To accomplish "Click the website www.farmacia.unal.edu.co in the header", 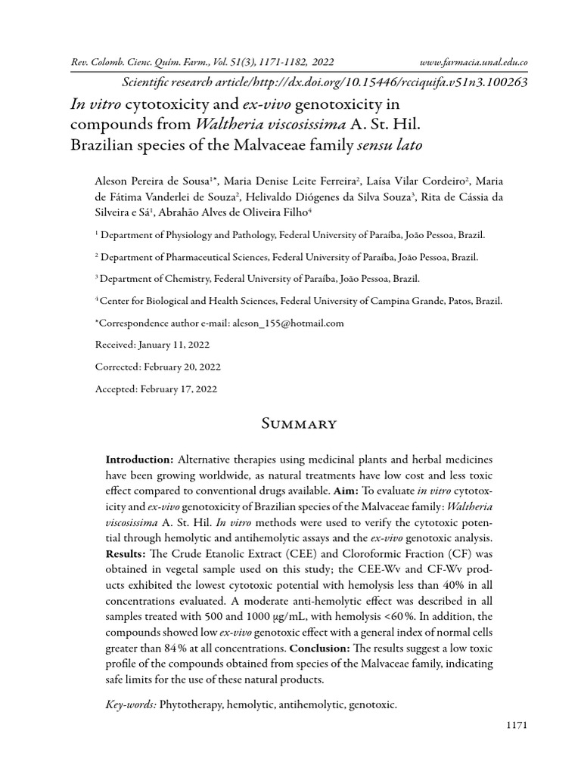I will (x=473, y=62).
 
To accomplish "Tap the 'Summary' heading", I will (x=290, y=423).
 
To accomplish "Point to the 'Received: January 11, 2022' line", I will (x=152, y=345).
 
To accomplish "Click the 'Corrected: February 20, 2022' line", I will (x=157, y=367).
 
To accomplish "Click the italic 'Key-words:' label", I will (x=131, y=704).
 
